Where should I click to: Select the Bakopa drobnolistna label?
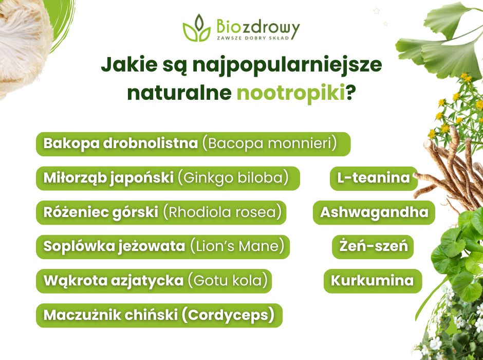coord(120,143)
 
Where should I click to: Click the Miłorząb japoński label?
coord(108,178)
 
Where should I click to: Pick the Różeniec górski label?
coord(101,212)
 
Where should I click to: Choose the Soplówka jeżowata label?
coord(114,246)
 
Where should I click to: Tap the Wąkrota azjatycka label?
coord(113,281)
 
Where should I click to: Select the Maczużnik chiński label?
coord(110,315)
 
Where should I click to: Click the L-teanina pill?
coord(374,178)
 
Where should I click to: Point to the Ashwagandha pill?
coord(374,212)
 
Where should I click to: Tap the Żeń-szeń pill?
coord(373,246)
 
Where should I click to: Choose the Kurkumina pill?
coord(372,281)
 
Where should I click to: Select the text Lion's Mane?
coord(237,246)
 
